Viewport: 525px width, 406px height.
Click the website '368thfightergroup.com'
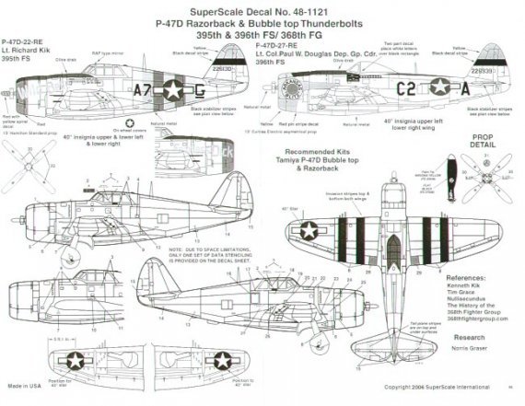[x=475, y=324]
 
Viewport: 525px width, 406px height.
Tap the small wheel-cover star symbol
[x=130, y=145]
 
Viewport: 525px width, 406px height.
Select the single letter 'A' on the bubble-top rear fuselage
[x=483, y=90]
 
